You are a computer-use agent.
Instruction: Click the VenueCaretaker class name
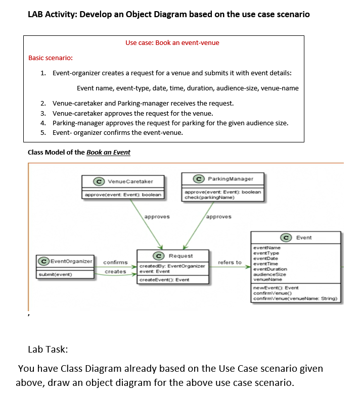click(x=130, y=181)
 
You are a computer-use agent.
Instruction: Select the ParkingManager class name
click(x=230, y=179)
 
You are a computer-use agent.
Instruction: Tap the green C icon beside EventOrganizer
click(x=45, y=261)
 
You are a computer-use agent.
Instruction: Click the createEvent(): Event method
click(x=164, y=280)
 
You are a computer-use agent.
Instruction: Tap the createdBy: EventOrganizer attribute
click(x=172, y=266)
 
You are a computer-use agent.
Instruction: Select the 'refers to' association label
click(x=230, y=262)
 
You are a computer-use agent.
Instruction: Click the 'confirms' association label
click(x=115, y=262)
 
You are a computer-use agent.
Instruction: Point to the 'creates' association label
click(x=115, y=272)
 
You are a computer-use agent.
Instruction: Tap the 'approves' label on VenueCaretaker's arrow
click(x=157, y=217)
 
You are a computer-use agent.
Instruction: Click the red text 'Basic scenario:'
click(x=50, y=58)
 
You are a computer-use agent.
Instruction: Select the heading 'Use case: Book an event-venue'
click(x=172, y=43)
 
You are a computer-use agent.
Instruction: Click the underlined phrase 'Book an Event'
click(x=108, y=152)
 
